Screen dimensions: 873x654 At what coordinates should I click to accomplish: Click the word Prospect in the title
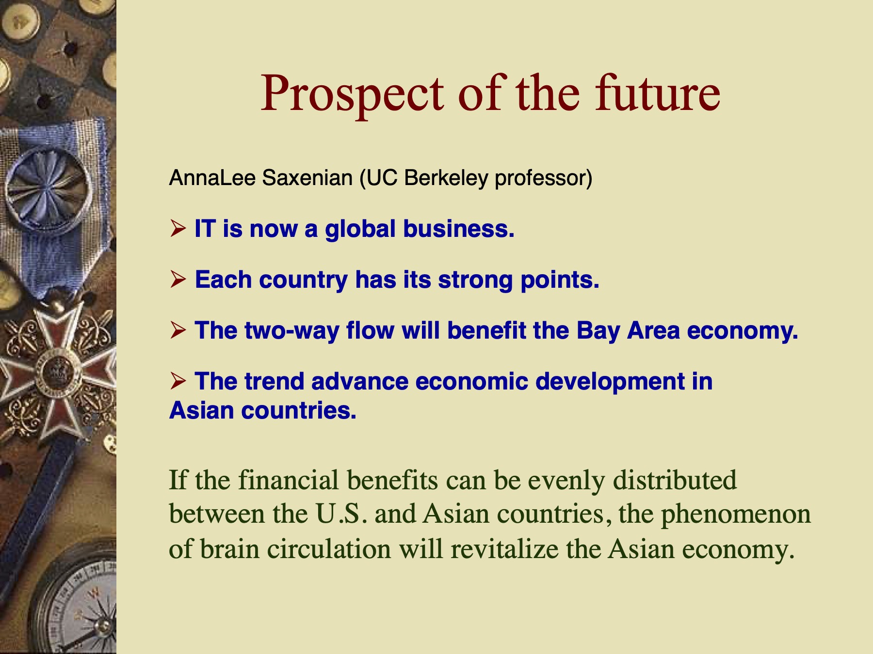click(x=352, y=94)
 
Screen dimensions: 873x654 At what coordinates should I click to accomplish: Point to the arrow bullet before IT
click(x=178, y=228)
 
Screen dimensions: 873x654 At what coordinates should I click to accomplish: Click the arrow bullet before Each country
click(x=178, y=279)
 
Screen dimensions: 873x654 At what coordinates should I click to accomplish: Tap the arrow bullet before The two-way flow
click(x=178, y=330)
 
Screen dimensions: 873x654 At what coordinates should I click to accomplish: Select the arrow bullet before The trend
click(x=178, y=381)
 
